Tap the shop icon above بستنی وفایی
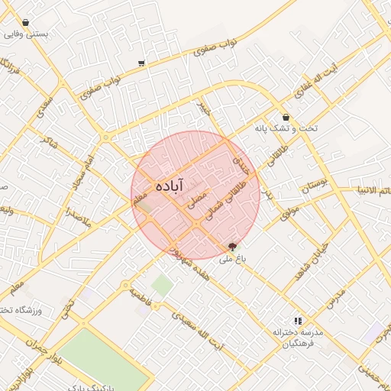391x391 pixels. click(26, 23)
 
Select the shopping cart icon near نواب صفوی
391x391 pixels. click(141, 63)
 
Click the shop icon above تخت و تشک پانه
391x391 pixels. click(286, 118)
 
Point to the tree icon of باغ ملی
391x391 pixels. click(232, 246)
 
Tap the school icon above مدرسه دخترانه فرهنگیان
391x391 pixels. click(297, 322)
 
